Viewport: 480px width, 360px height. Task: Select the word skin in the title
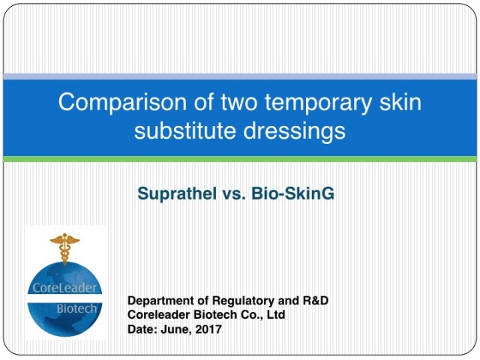tap(400, 101)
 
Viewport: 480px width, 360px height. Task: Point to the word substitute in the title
tap(185, 130)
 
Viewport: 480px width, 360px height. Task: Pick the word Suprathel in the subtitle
tap(176, 193)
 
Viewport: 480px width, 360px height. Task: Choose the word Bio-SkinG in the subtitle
tap(292, 193)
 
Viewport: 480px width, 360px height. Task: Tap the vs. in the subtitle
tap(233, 194)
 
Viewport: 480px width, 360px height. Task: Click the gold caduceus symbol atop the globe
tap(64, 248)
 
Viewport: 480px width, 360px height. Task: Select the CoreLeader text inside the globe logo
tap(64, 288)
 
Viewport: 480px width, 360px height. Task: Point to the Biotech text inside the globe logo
tap(76, 308)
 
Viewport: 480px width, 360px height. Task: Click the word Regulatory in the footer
tap(243, 301)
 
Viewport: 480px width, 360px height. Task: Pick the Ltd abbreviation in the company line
tap(276, 315)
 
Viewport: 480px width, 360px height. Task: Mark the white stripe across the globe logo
tap(64, 298)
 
